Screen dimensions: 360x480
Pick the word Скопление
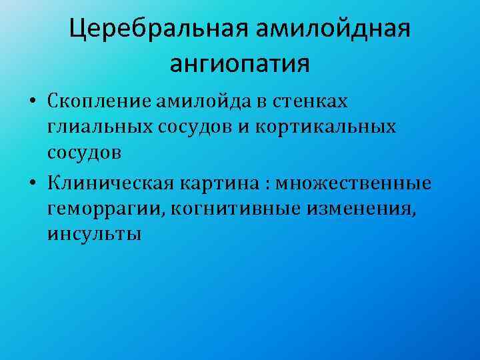99,102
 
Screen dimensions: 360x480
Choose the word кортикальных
324,127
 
